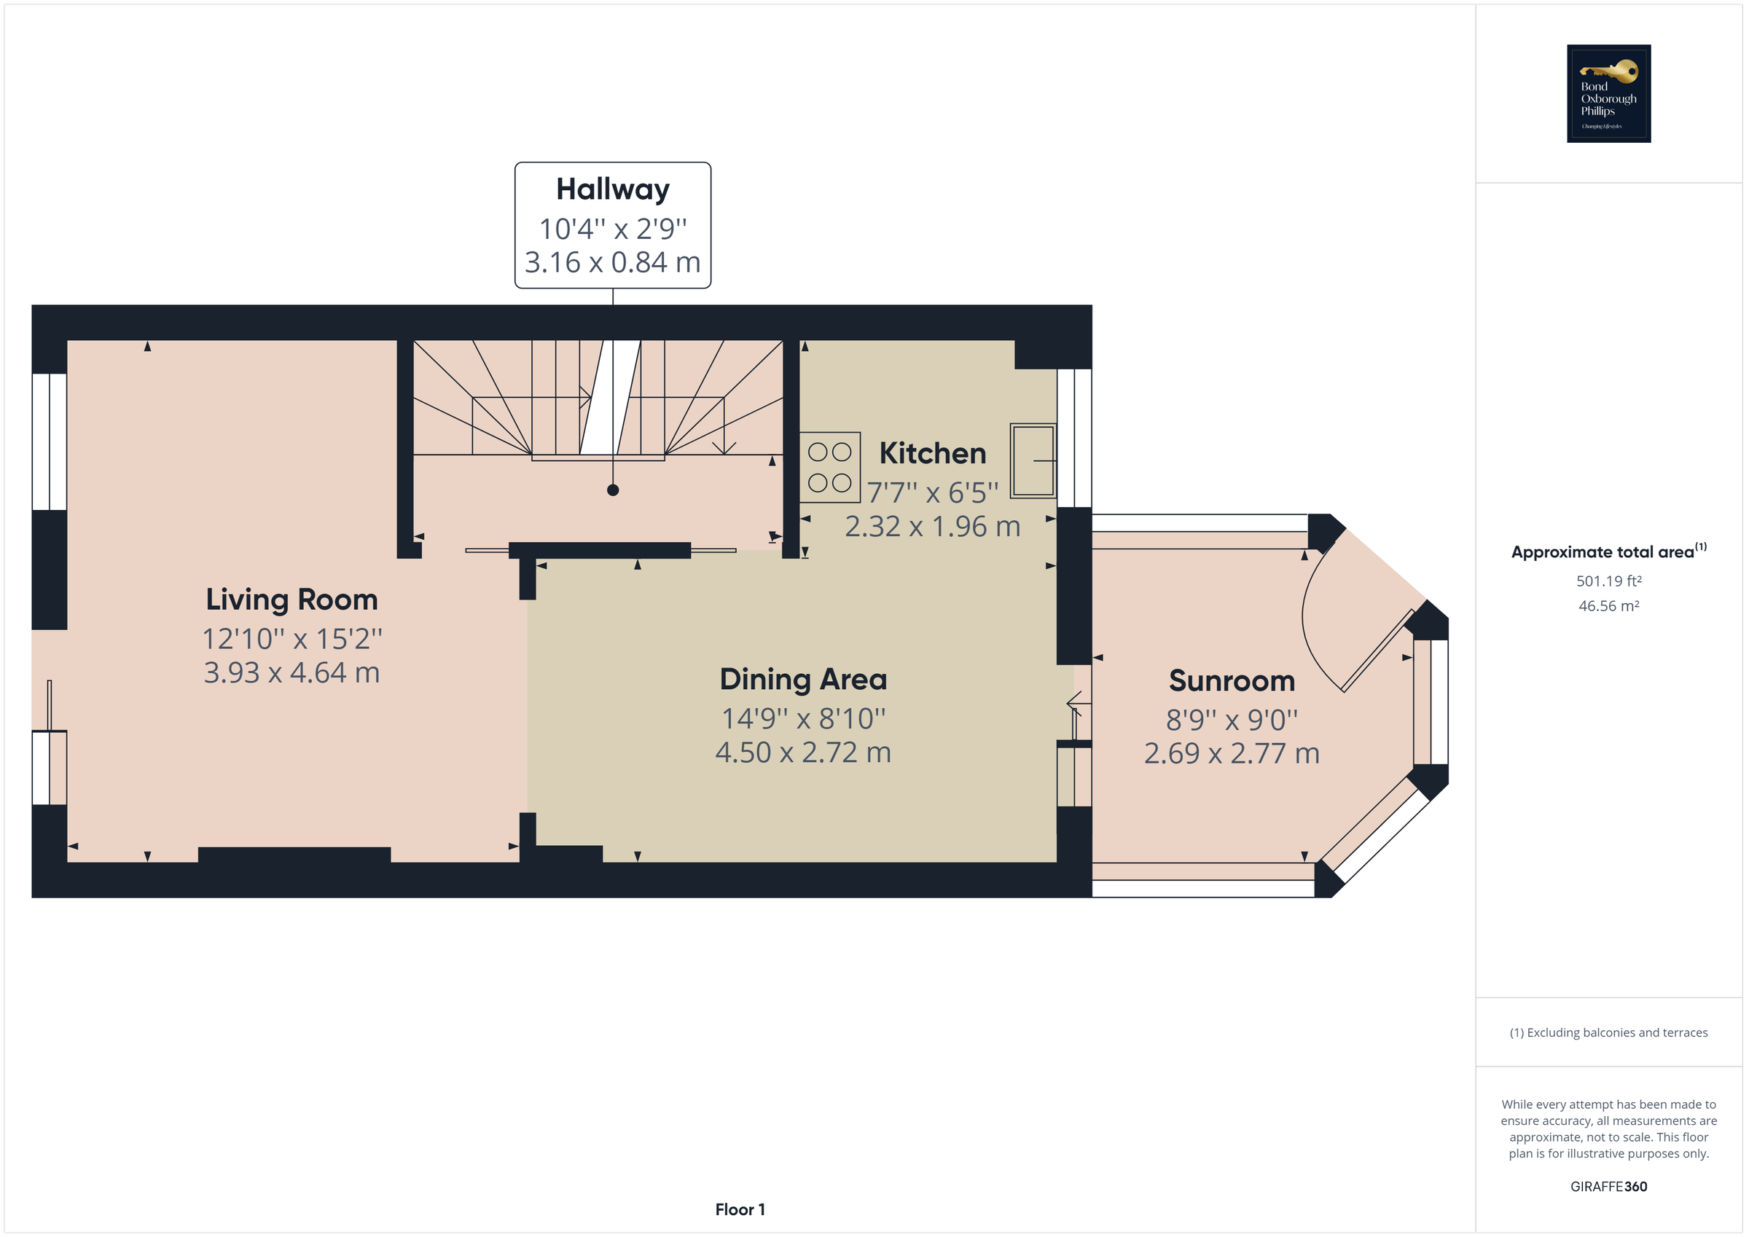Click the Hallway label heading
pyautogui.click(x=612, y=189)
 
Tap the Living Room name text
pyautogui.click(x=291, y=600)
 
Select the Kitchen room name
pyautogui.click(x=932, y=453)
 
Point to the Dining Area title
pyautogui.click(x=803, y=680)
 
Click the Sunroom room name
pyautogui.click(x=1232, y=681)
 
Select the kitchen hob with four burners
pyautogui.click(x=829, y=468)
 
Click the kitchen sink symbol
pyautogui.click(x=1033, y=461)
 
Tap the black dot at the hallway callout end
pyautogui.click(x=612, y=490)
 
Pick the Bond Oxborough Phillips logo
pyautogui.click(x=1609, y=94)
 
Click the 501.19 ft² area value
pyautogui.click(x=1609, y=581)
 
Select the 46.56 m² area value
pyautogui.click(x=1609, y=606)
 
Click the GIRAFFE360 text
pyautogui.click(x=1609, y=1187)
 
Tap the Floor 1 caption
pyautogui.click(x=740, y=1209)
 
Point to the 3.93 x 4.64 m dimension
pyautogui.click(x=291, y=672)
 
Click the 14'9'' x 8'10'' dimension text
pyautogui.click(x=803, y=718)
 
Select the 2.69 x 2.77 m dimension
pyautogui.click(x=1232, y=753)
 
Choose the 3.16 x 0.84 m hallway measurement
pyautogui.click(x=612, y=263)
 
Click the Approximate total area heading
pyautogui.click(x=1609, y=551)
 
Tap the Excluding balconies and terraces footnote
pyautogui.click(x=1609, y=1033)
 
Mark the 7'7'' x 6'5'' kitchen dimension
pyautogui.click(x=932, y=492)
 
